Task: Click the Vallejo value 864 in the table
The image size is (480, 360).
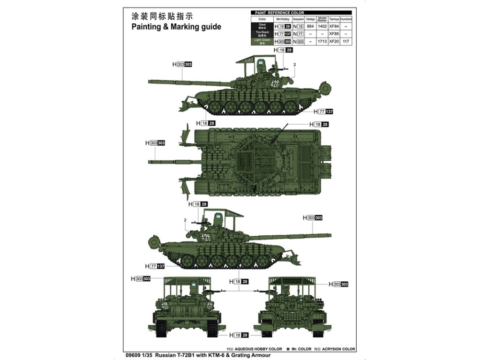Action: point(310,26)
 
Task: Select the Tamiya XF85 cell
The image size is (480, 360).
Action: point(334,34)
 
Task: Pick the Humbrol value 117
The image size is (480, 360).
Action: point(346,42)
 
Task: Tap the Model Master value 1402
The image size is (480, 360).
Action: point(322,26)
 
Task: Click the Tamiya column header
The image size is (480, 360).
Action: point(334,19)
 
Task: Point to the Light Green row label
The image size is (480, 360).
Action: point(262,41)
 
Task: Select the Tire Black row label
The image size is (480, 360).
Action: point(262,34)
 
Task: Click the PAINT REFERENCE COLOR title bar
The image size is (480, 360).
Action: point(279,13)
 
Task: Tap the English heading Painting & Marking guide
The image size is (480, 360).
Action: point(176,27)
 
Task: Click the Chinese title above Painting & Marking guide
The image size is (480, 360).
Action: point(155,16)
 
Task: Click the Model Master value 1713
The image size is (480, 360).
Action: point(322,42)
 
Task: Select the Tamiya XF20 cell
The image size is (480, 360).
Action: point(334,42)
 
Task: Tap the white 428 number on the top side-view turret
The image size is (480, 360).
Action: point(275,84)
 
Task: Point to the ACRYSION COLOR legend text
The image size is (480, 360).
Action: point(337,349)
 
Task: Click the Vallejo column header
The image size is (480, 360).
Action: point(310,19)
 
